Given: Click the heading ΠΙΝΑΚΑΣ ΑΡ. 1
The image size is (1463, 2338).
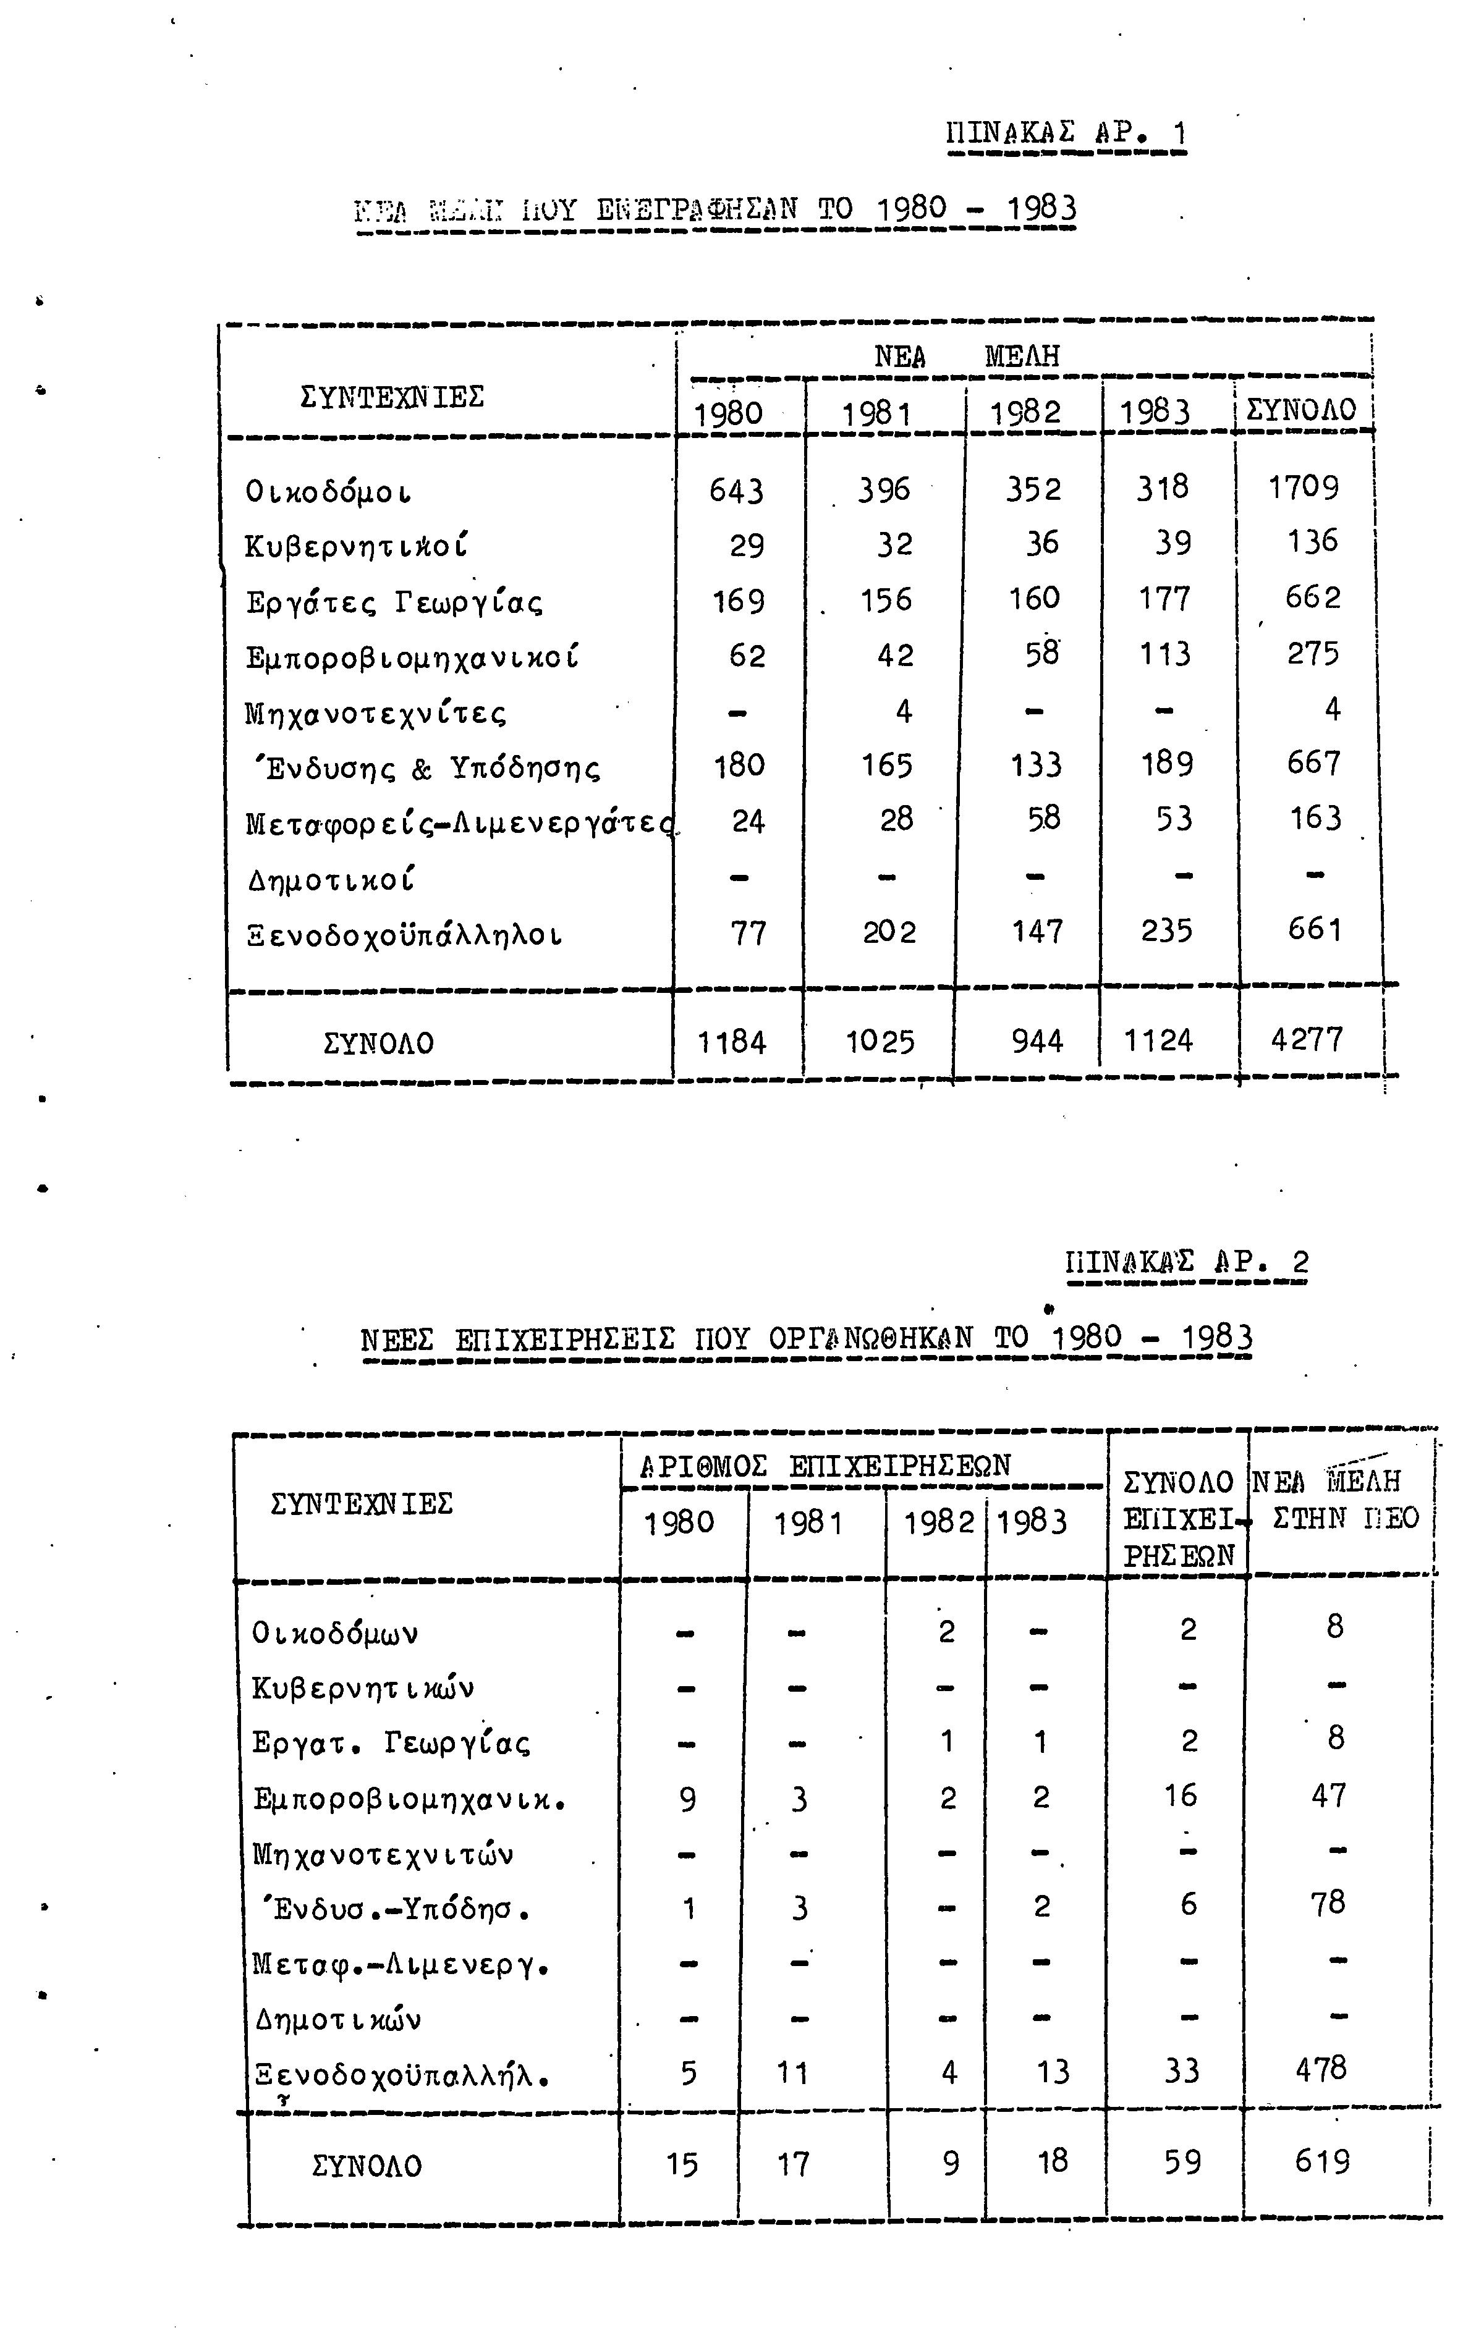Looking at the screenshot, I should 1066,132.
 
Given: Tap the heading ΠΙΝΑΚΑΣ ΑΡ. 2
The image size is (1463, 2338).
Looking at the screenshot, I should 1186,1262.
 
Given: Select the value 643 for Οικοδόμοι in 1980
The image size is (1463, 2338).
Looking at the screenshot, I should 736,491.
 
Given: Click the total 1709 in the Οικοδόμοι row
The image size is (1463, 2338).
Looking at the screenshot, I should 1304,486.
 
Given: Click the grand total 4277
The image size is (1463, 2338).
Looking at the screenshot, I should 1307,1040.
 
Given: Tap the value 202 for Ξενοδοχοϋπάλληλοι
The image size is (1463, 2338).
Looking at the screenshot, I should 888,932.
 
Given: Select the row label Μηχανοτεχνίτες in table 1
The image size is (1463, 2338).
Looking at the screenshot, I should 375,714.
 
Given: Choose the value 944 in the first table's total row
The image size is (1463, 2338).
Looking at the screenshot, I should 1037,1042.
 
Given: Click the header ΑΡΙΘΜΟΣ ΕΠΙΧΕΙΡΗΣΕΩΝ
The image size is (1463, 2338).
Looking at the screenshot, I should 825,1466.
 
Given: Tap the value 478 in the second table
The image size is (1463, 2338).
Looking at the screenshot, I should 1321,2069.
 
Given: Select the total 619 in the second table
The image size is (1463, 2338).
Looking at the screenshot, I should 1321,2162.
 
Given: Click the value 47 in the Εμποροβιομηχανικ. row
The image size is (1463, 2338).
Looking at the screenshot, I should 1328,1796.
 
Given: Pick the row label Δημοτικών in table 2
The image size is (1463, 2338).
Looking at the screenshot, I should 339,2020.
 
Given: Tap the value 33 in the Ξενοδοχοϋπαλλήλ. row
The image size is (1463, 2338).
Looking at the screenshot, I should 1181,2071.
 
